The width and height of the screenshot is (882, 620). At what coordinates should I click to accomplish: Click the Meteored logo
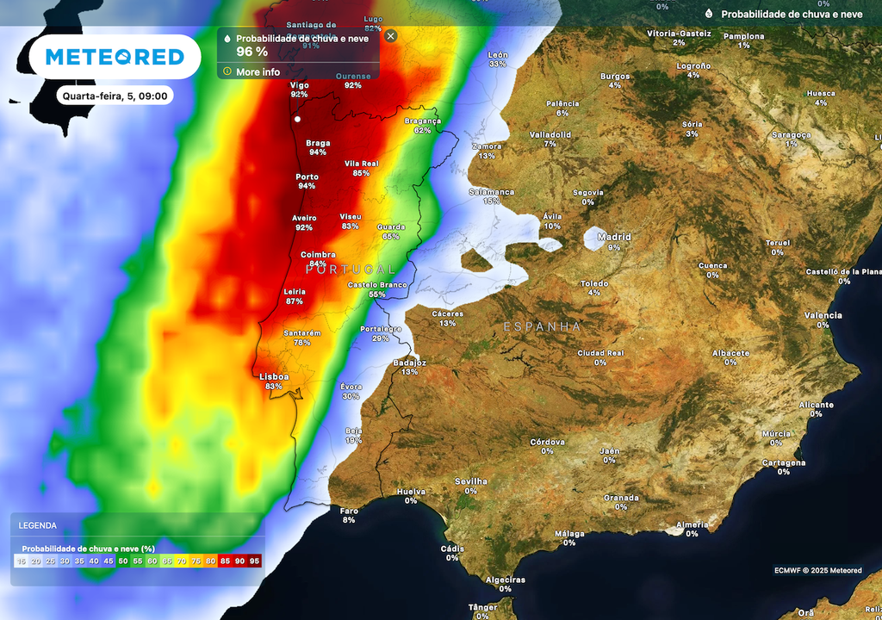tap(115, 57)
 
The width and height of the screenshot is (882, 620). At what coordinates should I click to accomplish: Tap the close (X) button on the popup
tap(391, 36)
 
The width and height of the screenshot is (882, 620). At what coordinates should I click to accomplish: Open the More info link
tap(258, 71)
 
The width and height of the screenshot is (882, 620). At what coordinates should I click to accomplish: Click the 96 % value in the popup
tap(252, 52)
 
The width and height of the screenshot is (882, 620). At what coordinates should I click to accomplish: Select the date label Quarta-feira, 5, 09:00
tap(115, 96)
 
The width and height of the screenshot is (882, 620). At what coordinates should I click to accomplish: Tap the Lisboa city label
tap(274, 376)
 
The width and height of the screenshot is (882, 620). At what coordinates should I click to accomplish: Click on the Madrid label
tap(614, 237)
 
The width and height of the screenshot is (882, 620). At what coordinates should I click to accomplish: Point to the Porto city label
tap(307, 177)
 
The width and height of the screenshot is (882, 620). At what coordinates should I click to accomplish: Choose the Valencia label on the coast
tap(823, 315)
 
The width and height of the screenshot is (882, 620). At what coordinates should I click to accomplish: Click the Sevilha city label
tap(471, 481)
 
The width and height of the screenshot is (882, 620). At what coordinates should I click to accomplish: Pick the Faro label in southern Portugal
tap(349, 510)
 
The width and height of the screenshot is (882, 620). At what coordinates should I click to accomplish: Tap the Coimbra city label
tap(318, 255)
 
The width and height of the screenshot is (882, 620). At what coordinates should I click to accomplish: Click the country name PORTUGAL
tap(351, 270)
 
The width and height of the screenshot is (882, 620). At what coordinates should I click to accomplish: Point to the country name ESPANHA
tap(543, 327)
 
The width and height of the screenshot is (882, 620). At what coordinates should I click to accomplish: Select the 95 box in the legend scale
tap(254, 561)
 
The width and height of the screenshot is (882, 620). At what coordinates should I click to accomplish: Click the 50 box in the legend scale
tap(123, 561)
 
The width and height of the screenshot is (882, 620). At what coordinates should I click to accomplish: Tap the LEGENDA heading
tap(38, 525)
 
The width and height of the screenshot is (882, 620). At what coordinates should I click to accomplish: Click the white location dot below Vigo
tap(297, 119)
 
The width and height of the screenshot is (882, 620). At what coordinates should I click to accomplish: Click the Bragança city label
tap(422, 121)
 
